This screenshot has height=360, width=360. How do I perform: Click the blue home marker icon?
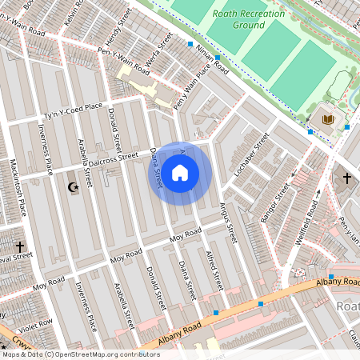(x=180, y=173)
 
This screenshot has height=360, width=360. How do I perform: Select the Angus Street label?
(x=229, y=222)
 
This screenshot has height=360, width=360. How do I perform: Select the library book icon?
(x=326, y=119)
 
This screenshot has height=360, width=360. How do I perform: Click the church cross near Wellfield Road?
(x=346, y=178)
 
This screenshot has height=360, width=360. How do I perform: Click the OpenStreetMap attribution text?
(x=80, y=354)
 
